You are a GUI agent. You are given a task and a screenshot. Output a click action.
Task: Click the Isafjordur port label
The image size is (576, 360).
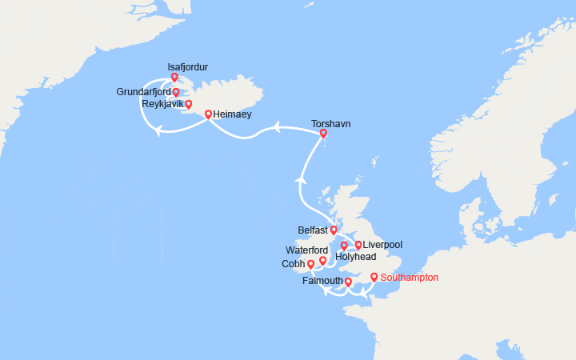coord(188,67)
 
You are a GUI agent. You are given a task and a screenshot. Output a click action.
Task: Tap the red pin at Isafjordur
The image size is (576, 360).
coord(174,78)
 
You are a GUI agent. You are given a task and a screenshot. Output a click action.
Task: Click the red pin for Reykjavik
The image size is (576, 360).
coord(189,104)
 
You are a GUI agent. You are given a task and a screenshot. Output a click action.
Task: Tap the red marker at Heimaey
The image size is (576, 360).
coord(208,114)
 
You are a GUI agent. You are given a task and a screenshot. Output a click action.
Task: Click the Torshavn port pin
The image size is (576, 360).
coord(323,134)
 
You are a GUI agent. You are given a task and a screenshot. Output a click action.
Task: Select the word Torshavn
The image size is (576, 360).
coord(330,124)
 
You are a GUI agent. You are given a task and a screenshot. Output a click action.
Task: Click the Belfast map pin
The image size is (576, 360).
coord(334,230)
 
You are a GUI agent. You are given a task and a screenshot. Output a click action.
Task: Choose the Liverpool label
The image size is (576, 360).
coord(382,244)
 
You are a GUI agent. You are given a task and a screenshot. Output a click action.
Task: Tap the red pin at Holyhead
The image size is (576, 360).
coord(344,246)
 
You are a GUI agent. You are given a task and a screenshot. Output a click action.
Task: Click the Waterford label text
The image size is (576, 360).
coord(306,250)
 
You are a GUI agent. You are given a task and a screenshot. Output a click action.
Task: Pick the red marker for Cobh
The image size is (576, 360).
coord(310,264)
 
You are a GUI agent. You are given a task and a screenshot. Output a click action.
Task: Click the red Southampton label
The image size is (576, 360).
coord(410,278)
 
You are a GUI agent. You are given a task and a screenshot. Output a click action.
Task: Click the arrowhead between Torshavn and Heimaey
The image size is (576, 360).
coord(274,126)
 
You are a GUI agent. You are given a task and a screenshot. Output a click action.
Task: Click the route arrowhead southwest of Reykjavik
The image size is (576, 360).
coord(158,132)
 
